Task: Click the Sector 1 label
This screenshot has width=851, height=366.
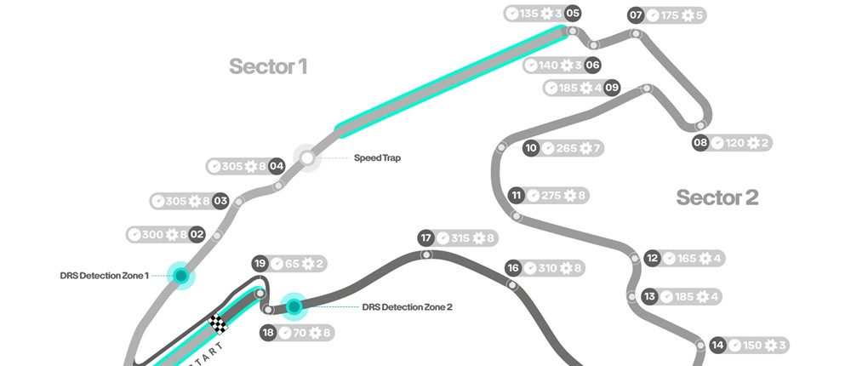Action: tap(267, 66)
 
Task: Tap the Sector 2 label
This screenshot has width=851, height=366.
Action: tap(717, 197)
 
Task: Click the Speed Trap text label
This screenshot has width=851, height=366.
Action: tap(377, 158)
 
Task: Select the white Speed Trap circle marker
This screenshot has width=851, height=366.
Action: tap(306, 157)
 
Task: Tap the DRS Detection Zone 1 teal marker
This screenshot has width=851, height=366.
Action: tap(180, 275)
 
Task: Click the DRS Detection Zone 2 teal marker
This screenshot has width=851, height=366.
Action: tap(294, 306)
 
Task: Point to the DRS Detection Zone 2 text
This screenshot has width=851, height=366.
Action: tap(407, 306)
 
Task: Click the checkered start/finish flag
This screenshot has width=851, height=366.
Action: tap(219, 323)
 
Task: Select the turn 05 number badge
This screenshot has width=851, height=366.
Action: tap(573, 14)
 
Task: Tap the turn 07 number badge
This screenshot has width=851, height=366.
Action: tap(636, 14)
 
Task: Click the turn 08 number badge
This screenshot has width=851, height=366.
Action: tap(700, 143)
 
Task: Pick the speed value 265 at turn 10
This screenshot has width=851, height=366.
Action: tap(566, 148)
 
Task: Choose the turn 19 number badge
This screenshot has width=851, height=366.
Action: tap(261, 264)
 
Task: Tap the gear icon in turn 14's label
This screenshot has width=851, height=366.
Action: tap(770, 345)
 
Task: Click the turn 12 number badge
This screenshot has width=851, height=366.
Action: tap(653, 258)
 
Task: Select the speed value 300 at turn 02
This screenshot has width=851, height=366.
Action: tap(151, 234)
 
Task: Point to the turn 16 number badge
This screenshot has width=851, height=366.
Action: tap(512, 268)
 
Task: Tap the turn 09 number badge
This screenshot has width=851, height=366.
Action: tap(612, 88)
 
